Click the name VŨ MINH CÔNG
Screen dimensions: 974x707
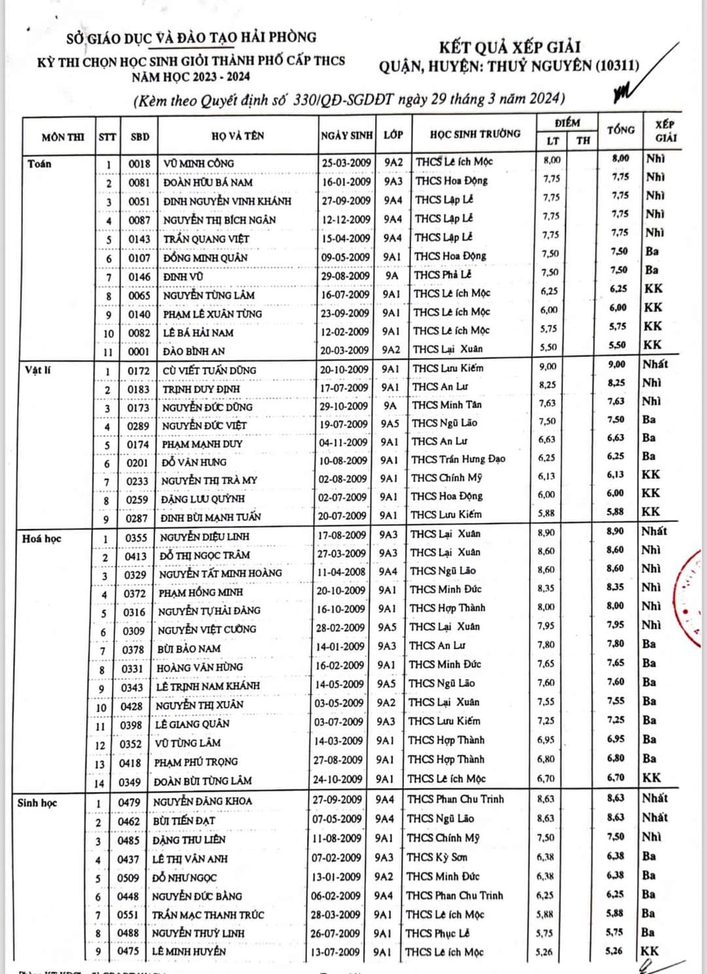click(198, 163)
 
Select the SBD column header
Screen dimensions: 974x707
click(139, 137)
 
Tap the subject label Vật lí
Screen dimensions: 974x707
click(38, 370)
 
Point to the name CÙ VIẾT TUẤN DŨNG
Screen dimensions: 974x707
click(209, 370)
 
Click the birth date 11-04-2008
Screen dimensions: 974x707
click(342, 572)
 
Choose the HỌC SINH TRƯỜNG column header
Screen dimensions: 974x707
click(475, 134)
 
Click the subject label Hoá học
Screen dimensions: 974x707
click(41, 538)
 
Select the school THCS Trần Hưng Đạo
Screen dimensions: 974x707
click(458, 459)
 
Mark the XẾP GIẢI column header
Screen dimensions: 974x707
click(665, 131)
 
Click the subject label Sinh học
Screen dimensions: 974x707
click(37, 802)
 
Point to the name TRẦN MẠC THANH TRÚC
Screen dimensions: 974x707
click(208, 915)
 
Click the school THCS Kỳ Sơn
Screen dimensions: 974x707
click(437, 857)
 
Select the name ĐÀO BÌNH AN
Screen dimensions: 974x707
click(194, 351)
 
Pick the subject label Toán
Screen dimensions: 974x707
click(39, 164)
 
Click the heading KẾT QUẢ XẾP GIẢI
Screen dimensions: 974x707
click(509, 47)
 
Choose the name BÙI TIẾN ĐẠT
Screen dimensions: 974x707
click(184, 821)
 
